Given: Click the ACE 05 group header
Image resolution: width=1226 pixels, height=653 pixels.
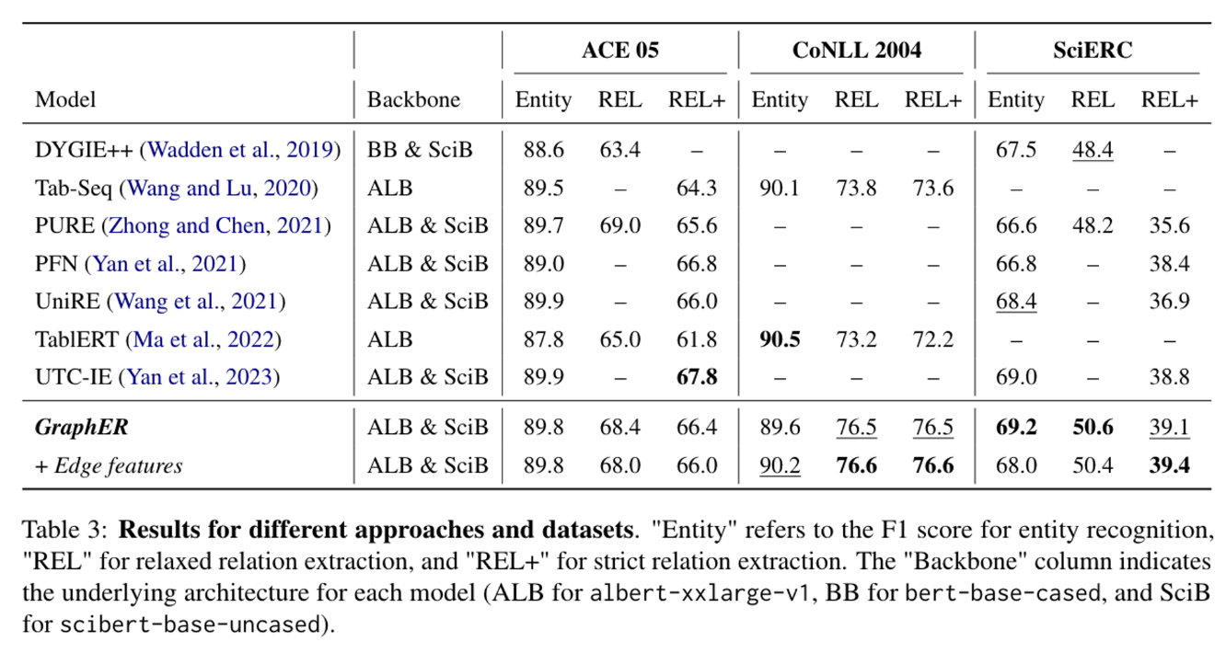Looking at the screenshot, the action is (620, 51).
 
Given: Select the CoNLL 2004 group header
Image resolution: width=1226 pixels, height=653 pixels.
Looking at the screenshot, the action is (857, 51).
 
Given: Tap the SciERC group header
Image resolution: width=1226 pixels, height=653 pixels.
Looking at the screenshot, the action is (1093, 51).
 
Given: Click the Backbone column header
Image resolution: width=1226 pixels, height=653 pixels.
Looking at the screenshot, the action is (413, 99).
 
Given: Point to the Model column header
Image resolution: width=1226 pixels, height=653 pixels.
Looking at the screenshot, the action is (65, 99).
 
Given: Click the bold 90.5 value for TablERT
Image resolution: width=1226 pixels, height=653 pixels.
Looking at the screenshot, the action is (780, 339).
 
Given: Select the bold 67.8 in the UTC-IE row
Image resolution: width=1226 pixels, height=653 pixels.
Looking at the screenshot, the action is (697, 377).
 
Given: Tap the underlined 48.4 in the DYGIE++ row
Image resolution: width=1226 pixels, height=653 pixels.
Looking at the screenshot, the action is (1093, 150).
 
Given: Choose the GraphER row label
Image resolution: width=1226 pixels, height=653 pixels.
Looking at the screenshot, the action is (82, 427).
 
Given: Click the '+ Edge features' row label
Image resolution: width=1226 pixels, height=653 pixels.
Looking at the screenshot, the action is (109, 465).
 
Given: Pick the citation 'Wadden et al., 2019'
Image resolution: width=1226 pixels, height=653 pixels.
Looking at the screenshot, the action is (240, 150).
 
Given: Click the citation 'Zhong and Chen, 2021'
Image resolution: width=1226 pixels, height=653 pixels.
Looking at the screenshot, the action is (215, 225).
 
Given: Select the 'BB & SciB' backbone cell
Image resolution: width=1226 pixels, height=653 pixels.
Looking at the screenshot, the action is (419, 150).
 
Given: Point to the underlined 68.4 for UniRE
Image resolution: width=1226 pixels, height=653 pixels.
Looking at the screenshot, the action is (1016, 302).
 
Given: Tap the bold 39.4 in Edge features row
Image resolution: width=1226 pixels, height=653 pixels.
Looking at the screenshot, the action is (1169, 465).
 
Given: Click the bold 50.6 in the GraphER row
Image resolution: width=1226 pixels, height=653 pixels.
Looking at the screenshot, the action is (1093, 427).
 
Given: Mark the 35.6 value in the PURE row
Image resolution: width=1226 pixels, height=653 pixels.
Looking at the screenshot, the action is (1169, 225).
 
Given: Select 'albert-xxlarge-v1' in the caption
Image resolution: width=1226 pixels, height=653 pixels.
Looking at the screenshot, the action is (699, 593).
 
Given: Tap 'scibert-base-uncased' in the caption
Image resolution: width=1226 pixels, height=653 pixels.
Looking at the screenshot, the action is (189, 624).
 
